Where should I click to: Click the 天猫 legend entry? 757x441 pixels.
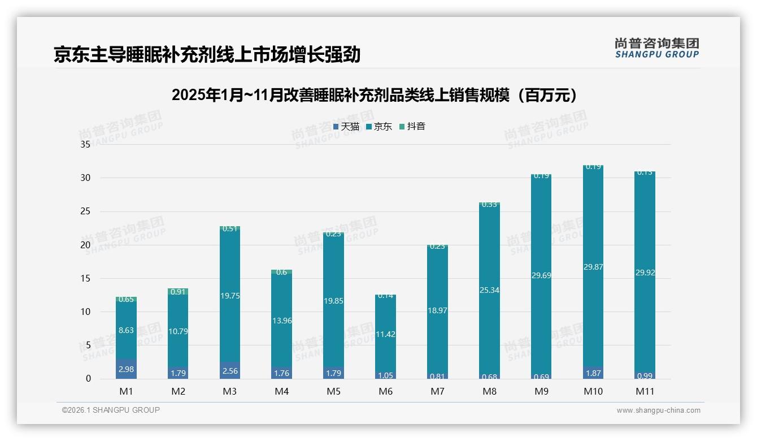(x=346, y=127)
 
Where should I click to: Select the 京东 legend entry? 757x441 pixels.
(x=379, y=127)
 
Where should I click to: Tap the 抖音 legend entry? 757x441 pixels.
(x=412, y=127)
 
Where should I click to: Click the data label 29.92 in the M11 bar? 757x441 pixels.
(x=645, y=273)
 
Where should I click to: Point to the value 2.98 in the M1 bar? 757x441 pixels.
(x=126, y=369)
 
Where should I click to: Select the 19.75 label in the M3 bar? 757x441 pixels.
(x=230, y=296)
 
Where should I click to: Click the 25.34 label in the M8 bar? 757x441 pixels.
(x=489, y=290)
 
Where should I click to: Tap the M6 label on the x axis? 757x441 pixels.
(x=385, y=391)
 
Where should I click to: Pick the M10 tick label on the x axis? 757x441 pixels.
(x=593, y=391)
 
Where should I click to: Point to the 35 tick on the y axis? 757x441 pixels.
(x=85, y=144)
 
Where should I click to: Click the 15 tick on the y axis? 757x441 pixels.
(x=85, y=278)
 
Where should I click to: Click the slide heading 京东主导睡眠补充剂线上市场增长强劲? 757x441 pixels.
(x=207, y=55)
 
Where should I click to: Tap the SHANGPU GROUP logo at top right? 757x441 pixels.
(x=656, y=48)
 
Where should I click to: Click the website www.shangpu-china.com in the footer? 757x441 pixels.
(x=658, y=410)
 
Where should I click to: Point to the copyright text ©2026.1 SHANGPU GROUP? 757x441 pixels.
(x=111, y=410)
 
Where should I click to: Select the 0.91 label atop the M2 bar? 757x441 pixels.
(x=178, y=292)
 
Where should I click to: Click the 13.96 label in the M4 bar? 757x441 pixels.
(x=282, y=321)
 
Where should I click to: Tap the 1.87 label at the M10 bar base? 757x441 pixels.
(x=593, y=374)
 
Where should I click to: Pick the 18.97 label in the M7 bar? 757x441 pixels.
(x=437, y=310)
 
